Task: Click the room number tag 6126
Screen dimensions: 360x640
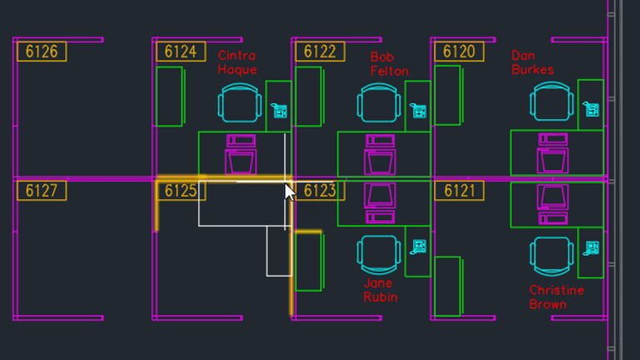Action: pos(42,52)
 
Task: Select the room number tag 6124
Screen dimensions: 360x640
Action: pos(180,52)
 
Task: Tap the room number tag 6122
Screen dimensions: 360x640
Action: pos(319,52)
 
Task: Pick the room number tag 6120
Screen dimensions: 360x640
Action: pos(458,52)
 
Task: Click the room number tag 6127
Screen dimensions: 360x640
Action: pos(42,191)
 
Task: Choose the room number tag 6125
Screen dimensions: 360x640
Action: pos(180,191)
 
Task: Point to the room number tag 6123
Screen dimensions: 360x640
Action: pos(319,191)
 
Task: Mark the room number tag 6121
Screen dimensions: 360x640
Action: pos(458,191)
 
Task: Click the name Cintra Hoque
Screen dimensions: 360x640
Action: pos(237,62)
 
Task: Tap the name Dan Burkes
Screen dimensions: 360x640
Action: pos(532,62)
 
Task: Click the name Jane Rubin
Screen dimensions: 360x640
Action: pos(380,290)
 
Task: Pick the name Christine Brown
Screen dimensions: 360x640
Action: pos(557,297)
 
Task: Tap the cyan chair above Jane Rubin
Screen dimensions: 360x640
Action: pos(379,253)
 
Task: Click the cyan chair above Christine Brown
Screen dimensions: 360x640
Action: pos(552,255)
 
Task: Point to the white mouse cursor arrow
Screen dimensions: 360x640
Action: pos(290,192)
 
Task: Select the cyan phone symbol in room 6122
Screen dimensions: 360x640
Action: pos(418,110)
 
